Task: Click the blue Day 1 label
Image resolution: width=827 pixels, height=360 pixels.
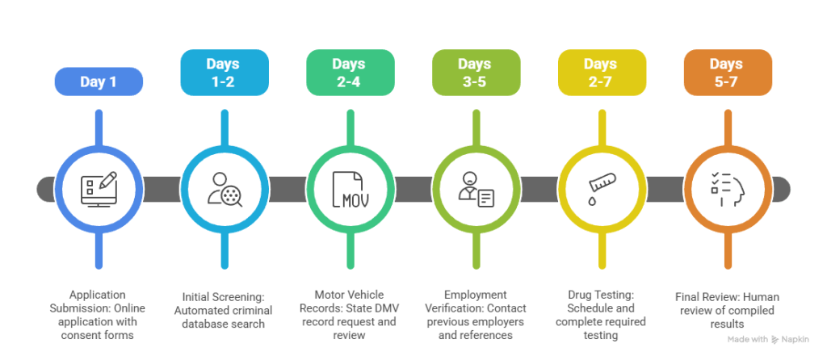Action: point(99,82)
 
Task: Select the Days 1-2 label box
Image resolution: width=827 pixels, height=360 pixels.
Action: point(224,73)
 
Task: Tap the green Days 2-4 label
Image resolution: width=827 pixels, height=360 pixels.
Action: point(350,73)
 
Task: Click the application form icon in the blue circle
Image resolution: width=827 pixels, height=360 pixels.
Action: point(99,189)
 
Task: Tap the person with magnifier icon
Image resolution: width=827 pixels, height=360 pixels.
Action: point(224,189)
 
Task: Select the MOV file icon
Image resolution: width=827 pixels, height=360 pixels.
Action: point(350,189)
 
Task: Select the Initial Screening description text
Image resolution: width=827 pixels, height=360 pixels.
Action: point(224,309)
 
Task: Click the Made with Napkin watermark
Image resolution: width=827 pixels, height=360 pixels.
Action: point(762,340)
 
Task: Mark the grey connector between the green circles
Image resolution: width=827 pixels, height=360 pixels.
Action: point(413,189)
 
